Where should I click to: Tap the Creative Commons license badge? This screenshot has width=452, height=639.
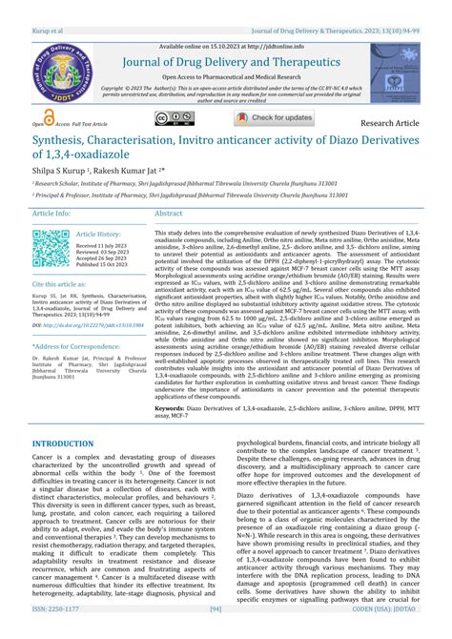coord(175,118)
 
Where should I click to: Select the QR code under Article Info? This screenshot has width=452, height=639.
coord(51,248)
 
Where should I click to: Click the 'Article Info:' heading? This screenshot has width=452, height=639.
coord(51,214)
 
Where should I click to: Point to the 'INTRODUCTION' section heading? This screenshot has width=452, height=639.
coord(70,444)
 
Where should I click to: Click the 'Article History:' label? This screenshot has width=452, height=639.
coord(98,234)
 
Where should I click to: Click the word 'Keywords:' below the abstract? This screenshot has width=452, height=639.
coord(175,406)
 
